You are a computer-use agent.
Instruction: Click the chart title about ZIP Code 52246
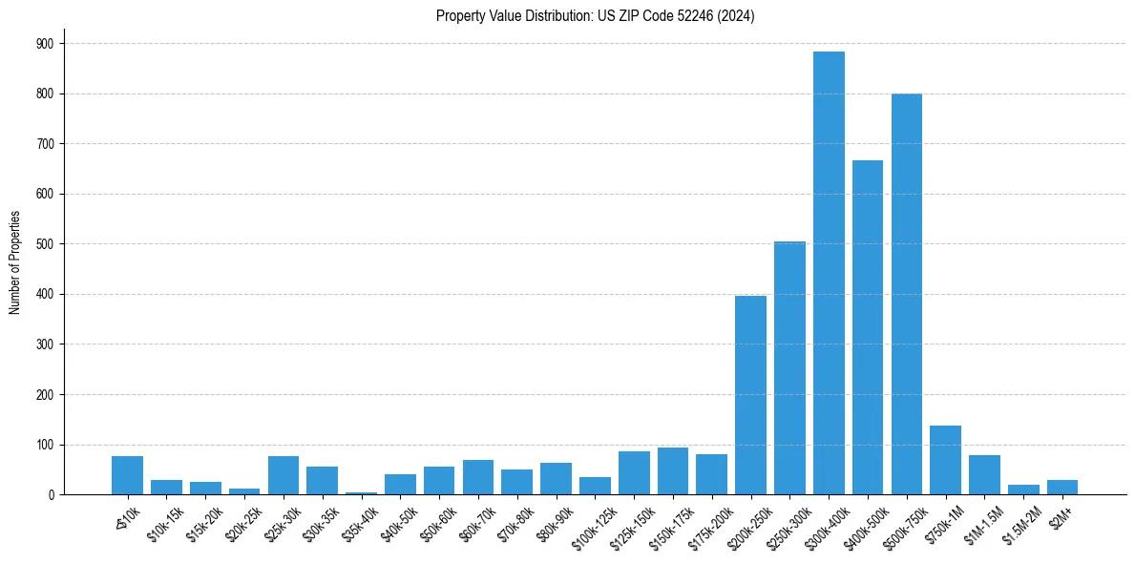[x=595, y=16]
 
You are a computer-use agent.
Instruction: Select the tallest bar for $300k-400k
[x=829, y=273]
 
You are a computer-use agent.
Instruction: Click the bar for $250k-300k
[x=789, y=368]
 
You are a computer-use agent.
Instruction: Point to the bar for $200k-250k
[x=750, y=395]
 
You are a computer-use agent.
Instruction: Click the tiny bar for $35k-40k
[x=361, y=492]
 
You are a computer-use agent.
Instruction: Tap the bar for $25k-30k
[x=284, y=475]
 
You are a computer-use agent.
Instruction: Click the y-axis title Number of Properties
[x=14, y=262]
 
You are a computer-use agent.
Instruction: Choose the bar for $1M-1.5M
[x=984, y=475]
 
